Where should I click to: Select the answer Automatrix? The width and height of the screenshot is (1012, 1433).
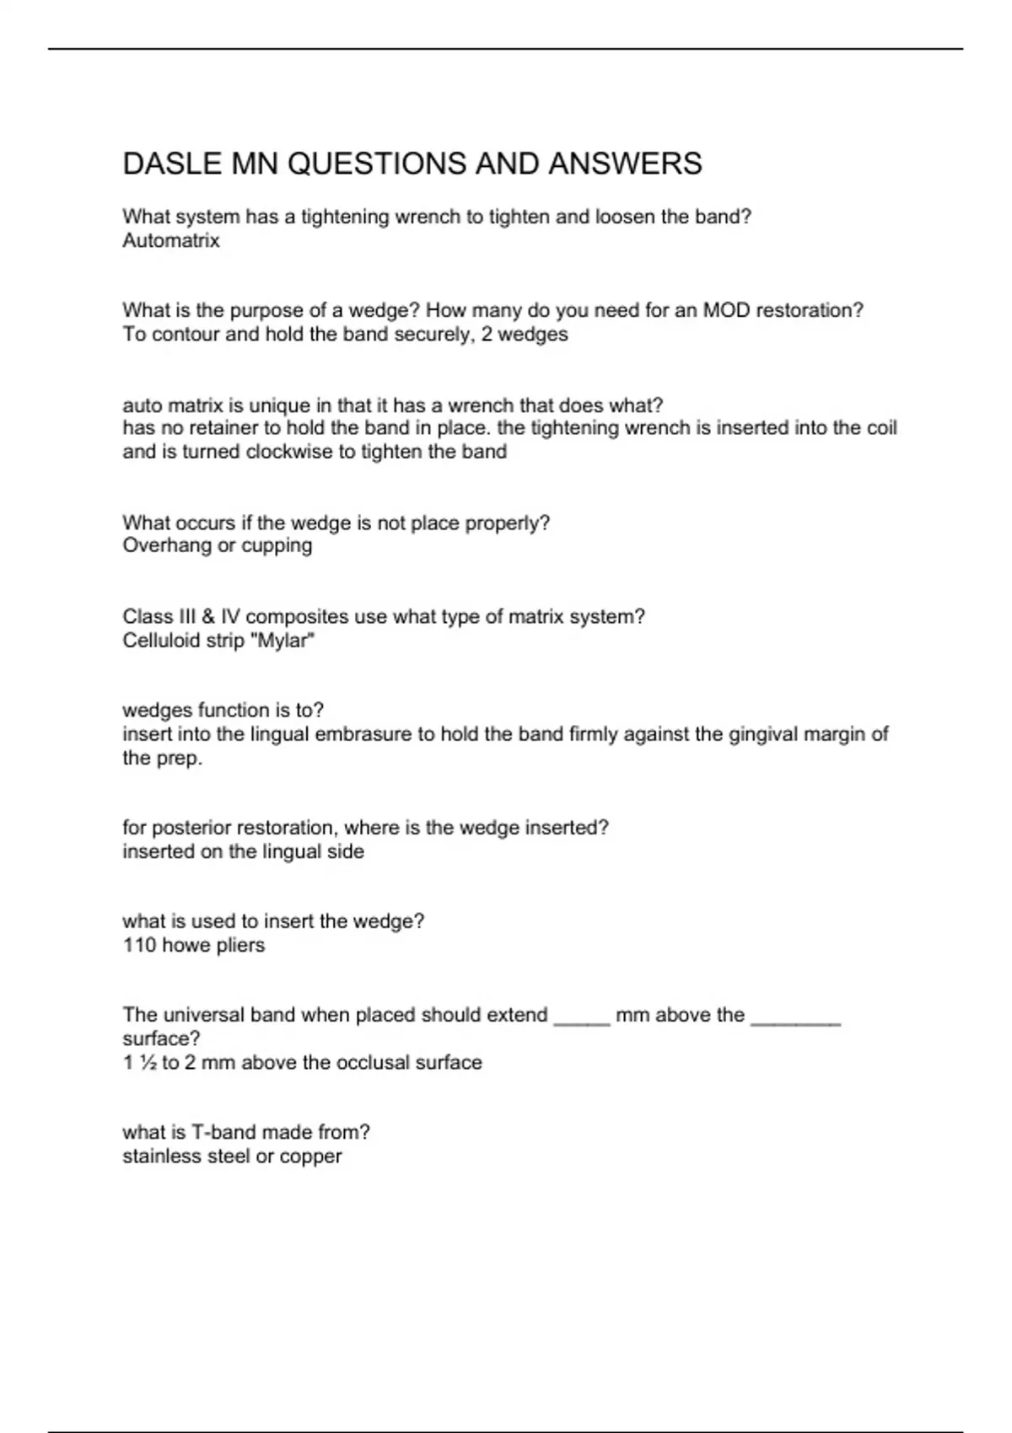coord(171,241)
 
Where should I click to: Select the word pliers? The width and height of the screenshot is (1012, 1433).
coord(240,946)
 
